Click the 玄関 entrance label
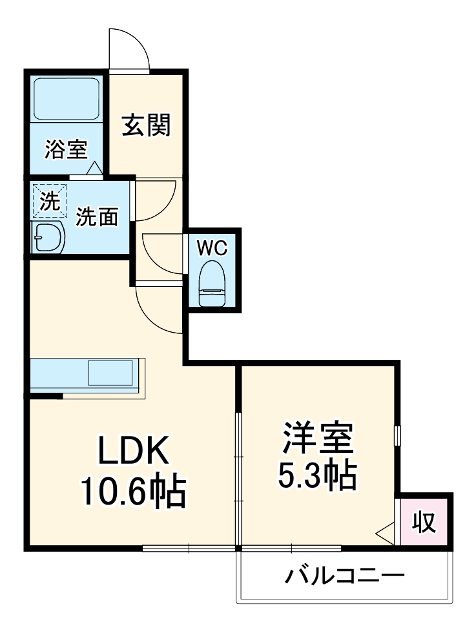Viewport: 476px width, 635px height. point(147,125)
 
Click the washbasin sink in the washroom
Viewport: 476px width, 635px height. point(48,239)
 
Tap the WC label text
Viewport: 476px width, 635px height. point(212,247)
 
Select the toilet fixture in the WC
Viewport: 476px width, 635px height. point(212,284)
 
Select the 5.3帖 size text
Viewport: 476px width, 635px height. point(317,477)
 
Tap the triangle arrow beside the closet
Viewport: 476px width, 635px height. point(385,533)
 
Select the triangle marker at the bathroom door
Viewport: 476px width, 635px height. point(94,169)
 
